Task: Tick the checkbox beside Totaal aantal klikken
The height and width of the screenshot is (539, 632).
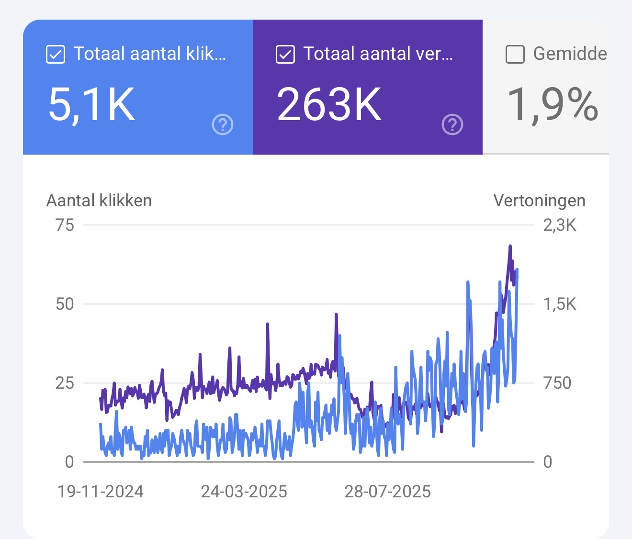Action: click(x=56, y=54)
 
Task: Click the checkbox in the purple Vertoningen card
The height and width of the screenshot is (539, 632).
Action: click(x=285, y=54)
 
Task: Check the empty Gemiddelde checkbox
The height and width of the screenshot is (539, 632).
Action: click(x=515, y=54)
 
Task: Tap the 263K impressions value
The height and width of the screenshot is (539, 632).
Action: click(x=329, y=105)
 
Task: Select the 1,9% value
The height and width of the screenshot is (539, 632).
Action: click(x=553, y=105)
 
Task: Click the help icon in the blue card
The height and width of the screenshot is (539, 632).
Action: click(x=223, y=125)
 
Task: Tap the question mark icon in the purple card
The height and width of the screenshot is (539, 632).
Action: click(x=452, y=125)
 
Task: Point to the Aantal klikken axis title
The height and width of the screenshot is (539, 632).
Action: click(x=99, y=201)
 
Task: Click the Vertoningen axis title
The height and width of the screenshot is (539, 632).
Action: click(x=539, y=201)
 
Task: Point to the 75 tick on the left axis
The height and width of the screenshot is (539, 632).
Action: click(x=65, y=225)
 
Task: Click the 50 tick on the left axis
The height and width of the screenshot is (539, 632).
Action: click(x=65, y=304)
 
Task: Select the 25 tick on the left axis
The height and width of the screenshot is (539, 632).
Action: click(x=65, y=383)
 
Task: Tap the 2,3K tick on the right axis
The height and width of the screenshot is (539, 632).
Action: click(x=560, y=225)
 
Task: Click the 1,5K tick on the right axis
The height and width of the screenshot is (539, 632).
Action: click(x=560, y=304)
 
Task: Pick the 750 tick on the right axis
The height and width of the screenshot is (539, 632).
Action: click(x=557, y=383)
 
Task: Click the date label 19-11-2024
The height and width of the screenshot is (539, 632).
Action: click(x=101, y=492)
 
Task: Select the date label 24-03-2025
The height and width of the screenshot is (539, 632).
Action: click(x=244, y=492)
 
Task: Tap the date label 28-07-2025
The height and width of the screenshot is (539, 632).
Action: click(x=388, y=492)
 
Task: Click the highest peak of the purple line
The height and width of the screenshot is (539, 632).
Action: click(x=510, y=247)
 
